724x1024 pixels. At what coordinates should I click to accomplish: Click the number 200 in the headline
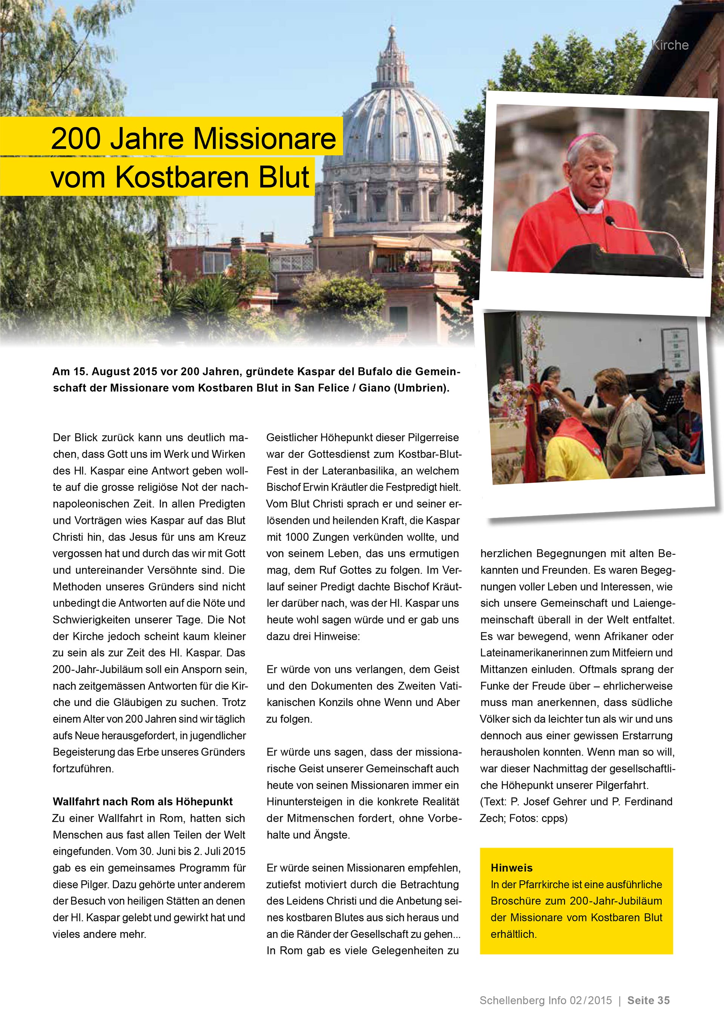76,139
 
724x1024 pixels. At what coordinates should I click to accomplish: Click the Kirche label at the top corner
670,45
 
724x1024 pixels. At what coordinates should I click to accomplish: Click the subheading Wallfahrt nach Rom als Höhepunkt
143,801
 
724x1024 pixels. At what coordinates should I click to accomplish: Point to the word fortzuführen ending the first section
83,768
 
